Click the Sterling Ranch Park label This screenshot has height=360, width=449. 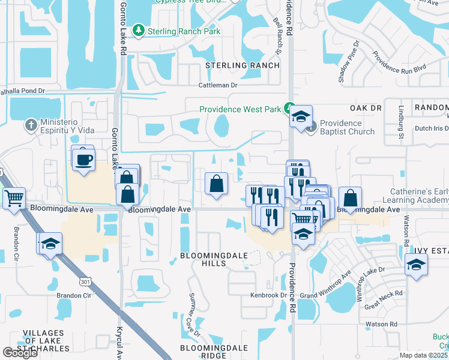184,31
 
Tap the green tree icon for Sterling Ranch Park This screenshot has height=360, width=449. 139,31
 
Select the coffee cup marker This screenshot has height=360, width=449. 83,160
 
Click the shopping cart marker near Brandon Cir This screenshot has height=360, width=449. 14,197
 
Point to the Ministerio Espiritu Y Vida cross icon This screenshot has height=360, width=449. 31,126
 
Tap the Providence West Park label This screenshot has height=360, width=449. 240,109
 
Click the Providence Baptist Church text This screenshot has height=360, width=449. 347,127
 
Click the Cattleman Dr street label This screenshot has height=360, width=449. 218,85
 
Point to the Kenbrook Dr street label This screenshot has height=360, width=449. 269,295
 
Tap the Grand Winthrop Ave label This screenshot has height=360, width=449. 325,286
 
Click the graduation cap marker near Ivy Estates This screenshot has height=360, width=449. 417,264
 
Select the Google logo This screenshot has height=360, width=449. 20,353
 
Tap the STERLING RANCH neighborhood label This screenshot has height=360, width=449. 243,65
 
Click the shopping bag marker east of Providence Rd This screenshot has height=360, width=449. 350,199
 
